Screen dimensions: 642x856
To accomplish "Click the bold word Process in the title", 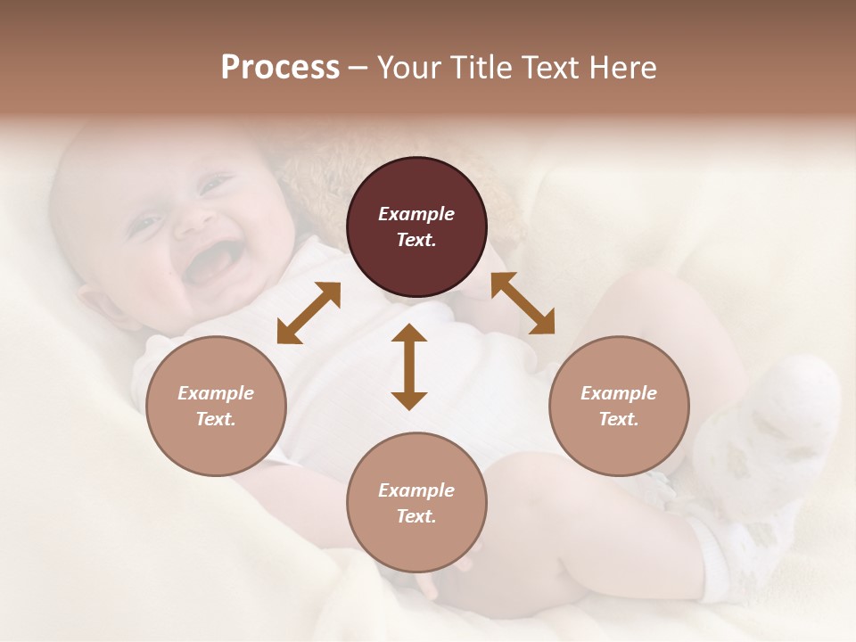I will [x=280, y=68].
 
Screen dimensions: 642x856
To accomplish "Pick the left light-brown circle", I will [x=216, y=406].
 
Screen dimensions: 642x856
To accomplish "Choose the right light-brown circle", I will [x=619, y=406].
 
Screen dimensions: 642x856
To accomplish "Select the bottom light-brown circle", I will [x=416, y=502].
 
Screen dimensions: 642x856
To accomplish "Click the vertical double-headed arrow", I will [x=409, y=366].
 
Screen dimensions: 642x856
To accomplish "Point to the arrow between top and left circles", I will [x=309, y=313].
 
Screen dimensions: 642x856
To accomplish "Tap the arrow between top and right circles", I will [x=523, y=303].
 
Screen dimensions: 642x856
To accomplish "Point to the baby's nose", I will [x=189, y=223].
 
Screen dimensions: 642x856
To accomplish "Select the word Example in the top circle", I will [x=416, y=214].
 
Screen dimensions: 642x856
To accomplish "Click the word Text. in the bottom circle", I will [x=416, y=516].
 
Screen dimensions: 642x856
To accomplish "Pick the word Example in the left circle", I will [x=216, y=393].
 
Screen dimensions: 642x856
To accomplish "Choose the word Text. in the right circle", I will [x=619, y=419].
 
